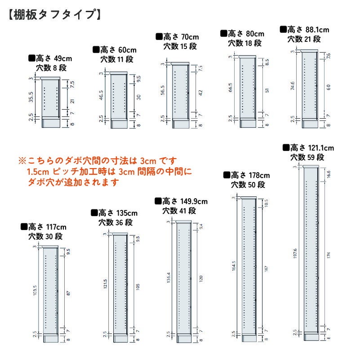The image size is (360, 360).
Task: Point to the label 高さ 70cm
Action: click(180, 37)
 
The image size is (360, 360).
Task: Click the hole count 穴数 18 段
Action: click(244, 43)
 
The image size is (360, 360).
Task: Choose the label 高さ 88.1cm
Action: click(307, 30)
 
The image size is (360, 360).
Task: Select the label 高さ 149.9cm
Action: click(184, 201)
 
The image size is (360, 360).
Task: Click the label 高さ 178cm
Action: click(250, 175)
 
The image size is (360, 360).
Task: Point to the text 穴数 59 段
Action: click(307, 157)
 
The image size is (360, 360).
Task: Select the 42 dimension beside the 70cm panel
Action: click(200, 92)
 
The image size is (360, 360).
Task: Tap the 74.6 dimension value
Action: click(293, 86)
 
